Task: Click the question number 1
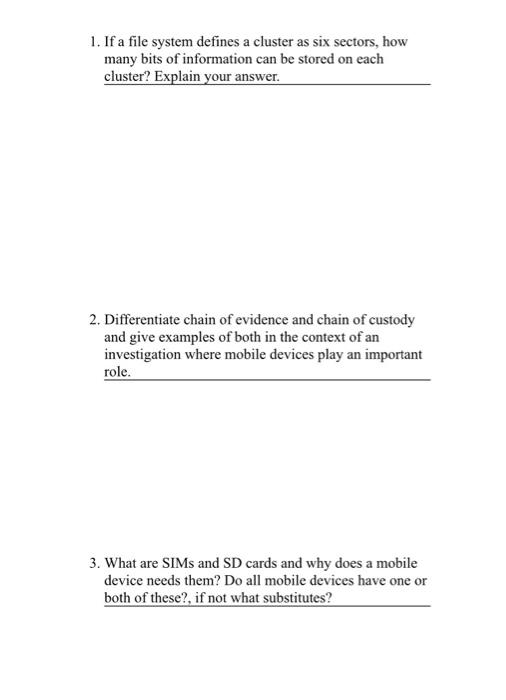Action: pos(93,43)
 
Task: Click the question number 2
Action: pos(93,320)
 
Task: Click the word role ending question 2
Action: pos(117,371)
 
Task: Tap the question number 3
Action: pos(93,564)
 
